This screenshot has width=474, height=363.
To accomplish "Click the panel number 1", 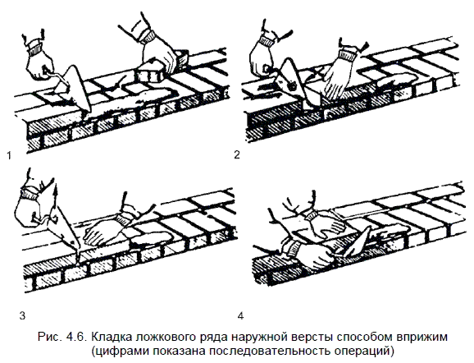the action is (x=9, y=156).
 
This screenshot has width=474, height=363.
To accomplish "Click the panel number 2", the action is (x=237, y=154).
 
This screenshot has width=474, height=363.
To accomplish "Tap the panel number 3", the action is (x=22, y=316).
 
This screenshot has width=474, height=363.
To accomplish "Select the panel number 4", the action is (x=240, y=316).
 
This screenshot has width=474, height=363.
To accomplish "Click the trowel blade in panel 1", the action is (x=75, y=88).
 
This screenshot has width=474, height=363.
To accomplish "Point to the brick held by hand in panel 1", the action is (x=151, y=72).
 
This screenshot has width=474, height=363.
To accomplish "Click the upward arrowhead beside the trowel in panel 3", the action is (x=55, y=188).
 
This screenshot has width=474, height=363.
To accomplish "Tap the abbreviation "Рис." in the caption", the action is (x=49, y=337).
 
